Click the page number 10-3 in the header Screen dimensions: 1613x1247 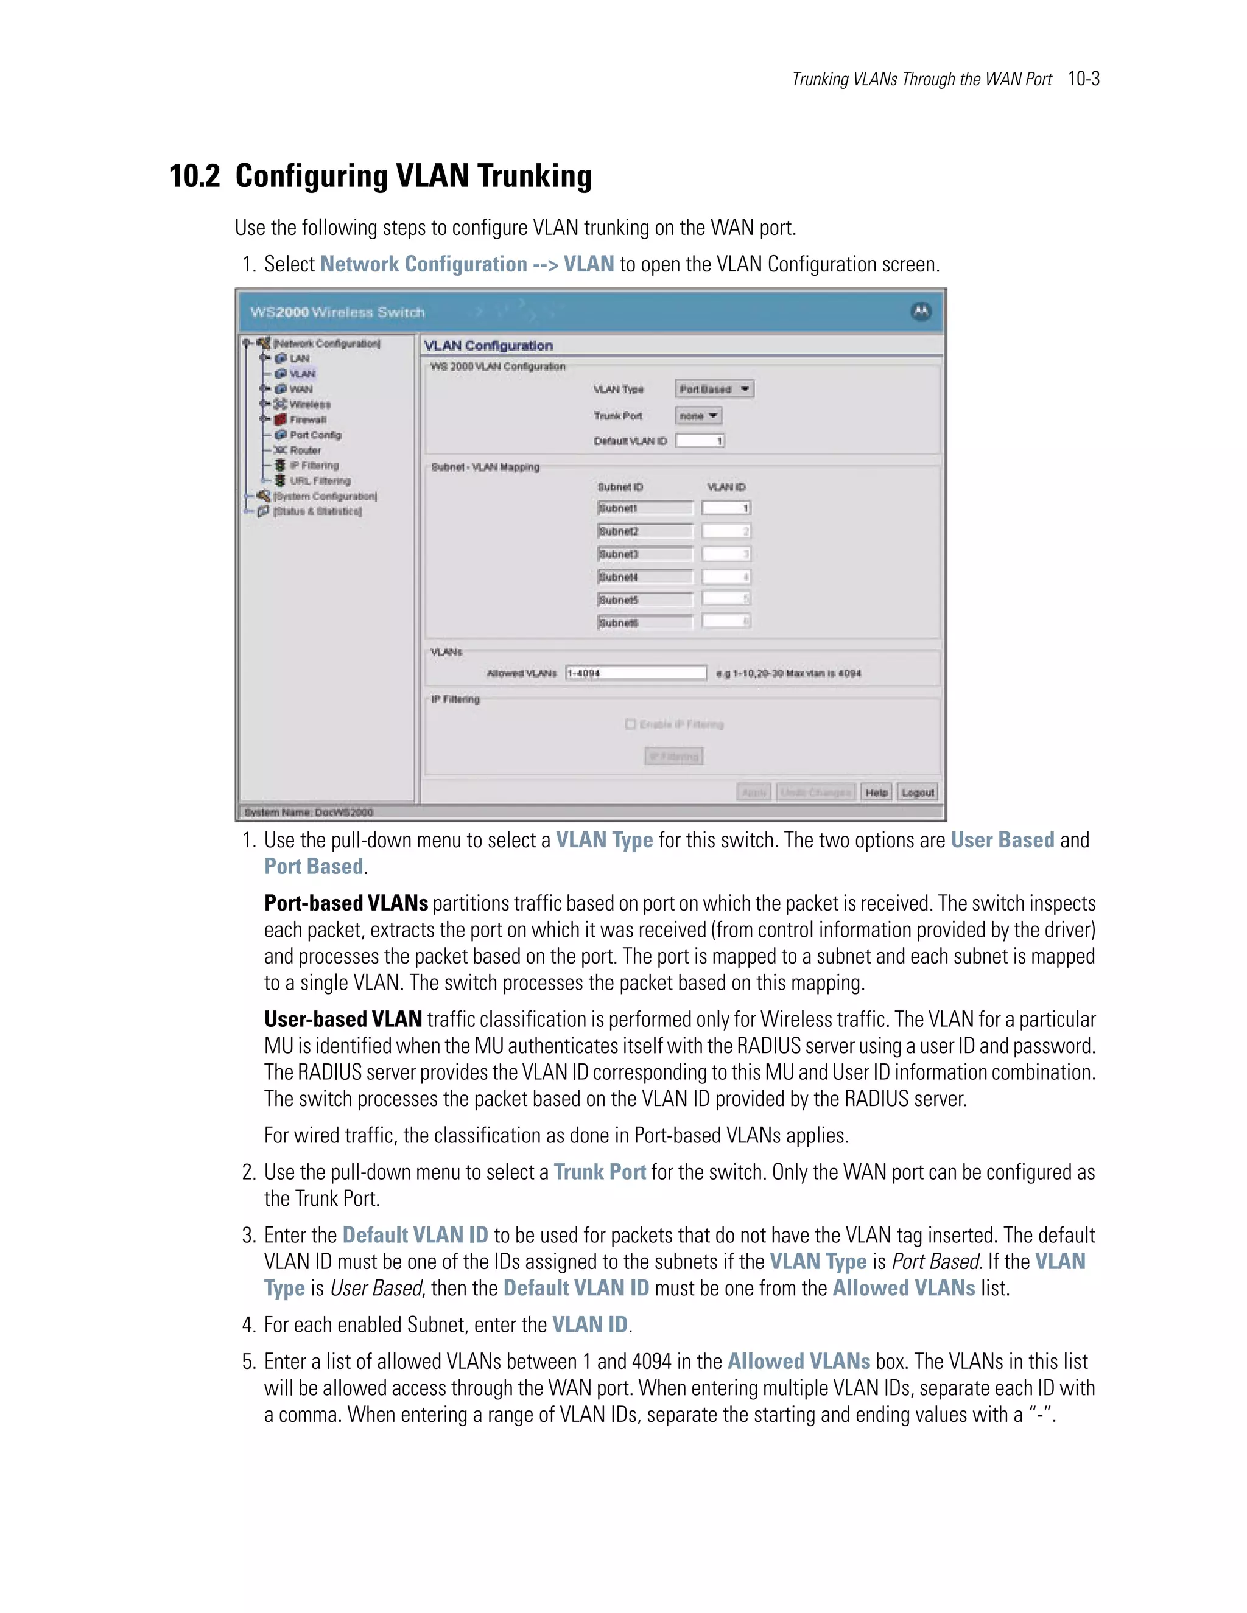click(1083, 79)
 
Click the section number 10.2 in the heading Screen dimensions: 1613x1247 click(195, 177)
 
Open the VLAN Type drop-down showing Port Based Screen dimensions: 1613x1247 click(714, 389)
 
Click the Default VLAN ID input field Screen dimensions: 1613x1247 click(700, 441)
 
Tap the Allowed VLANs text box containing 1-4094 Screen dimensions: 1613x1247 click(635, 673)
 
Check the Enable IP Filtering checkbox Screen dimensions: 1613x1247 click(630, 724)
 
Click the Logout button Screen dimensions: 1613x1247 click(918, 792)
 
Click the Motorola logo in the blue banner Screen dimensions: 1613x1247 click(921, 312)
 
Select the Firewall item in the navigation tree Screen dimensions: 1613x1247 click(307, 419)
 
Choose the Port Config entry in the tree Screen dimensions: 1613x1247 click(315, 435)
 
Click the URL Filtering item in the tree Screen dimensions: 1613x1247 click(319, 481)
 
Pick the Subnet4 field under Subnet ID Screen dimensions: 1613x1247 click(645, 577)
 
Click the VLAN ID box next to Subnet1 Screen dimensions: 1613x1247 click(726, 508)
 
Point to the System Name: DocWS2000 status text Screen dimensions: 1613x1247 click(309, 811)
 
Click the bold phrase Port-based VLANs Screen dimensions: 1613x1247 click(346, 903)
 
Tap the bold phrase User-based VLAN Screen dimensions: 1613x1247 click(343, 1019)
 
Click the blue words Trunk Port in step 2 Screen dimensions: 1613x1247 click(599, 1172)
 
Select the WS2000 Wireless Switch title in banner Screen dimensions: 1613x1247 click(337, 312)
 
